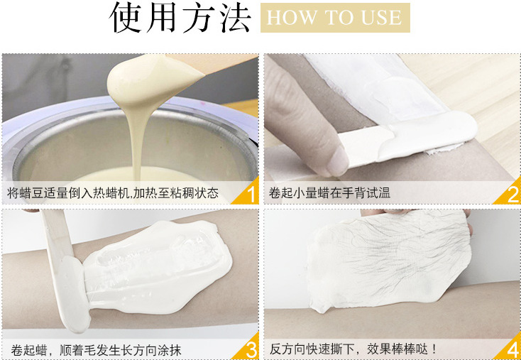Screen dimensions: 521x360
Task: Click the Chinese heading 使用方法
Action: click(180, 17)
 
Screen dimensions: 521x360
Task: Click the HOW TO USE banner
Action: click(335, 18)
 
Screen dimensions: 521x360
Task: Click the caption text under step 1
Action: click(113, 193)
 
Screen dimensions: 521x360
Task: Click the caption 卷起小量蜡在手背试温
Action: click(329, 193)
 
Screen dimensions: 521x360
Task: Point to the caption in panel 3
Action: click(96, 350)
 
